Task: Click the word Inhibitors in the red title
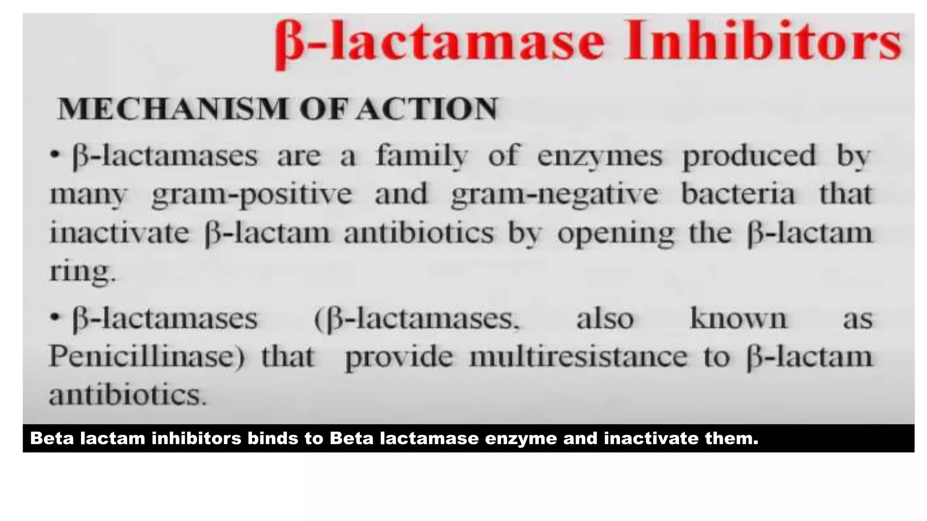pos(762,43)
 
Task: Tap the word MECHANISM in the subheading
pos(172,109)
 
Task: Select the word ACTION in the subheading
pos(426,109)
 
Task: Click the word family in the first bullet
pos(421,156)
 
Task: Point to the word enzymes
pos(599,156)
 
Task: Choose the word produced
pos(749,156)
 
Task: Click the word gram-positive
pos(252,195)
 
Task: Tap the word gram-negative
pos(554,195)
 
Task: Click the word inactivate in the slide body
pos(119,233)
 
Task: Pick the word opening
pos(615,234)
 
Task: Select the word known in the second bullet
pos(738,318)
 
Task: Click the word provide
pos(398,358)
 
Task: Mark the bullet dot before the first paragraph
pos(55,155)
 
